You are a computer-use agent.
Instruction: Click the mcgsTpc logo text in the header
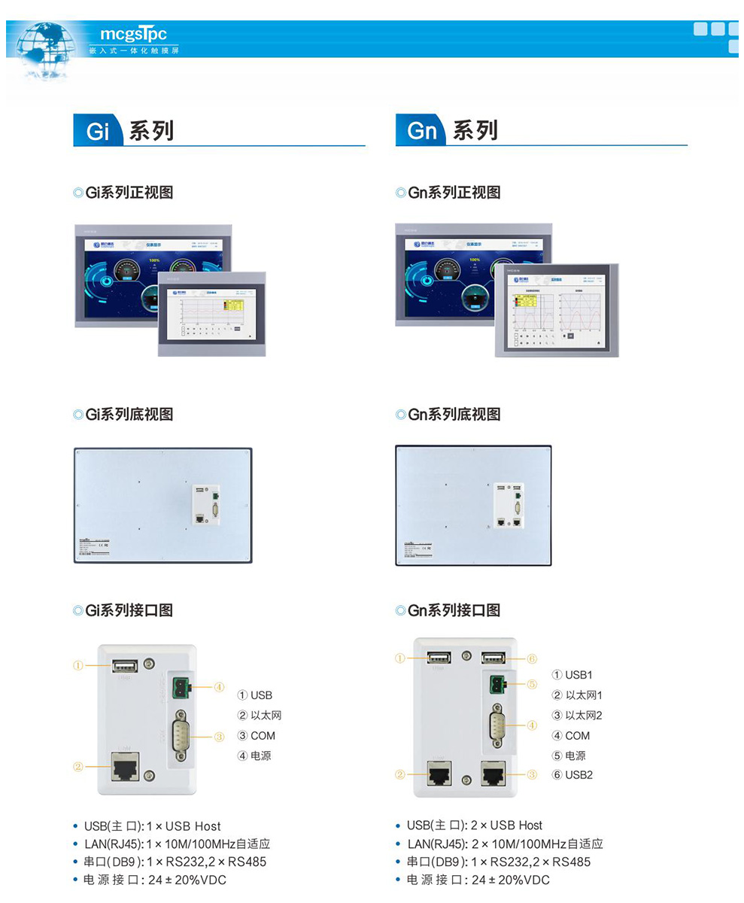pos(133,34)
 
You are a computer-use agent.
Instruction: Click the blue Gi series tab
pos(99,130)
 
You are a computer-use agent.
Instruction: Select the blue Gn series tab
pos(421,130)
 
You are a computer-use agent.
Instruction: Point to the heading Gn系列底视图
pos(448,415)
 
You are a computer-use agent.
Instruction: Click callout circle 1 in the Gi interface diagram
pos(78,665)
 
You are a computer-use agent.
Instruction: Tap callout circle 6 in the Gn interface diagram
pos(531,658)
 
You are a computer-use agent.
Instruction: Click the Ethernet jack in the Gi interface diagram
pos(125,767)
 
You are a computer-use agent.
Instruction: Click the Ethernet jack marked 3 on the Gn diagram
pos(493,774)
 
